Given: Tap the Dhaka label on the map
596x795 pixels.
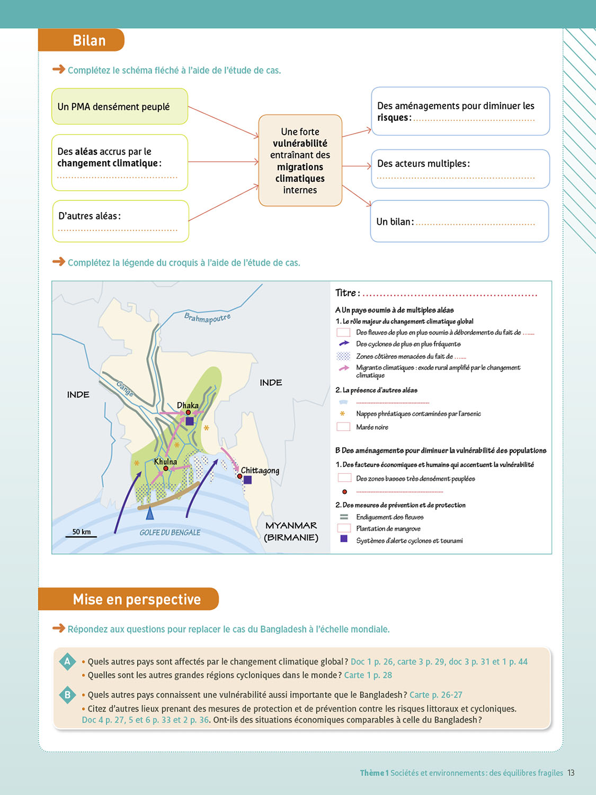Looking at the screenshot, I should [x=188, y=405].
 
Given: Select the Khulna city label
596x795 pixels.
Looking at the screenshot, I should [x=165, y=462].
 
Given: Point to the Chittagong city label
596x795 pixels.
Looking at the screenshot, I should [x=260, y=471].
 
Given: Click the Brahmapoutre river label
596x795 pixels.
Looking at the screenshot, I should [x=207, y=318].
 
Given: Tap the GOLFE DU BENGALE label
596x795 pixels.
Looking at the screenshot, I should [x=170, y=533].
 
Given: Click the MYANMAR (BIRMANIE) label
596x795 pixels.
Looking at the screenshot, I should [x=291, y=532].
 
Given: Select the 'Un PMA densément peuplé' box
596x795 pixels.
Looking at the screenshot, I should [x=120, y=107].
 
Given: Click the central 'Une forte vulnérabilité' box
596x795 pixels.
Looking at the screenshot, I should [x=300, y=161].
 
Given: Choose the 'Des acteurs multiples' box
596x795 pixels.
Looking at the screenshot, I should [x=460, y=169].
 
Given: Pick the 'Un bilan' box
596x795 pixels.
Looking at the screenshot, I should [x=459, y=221].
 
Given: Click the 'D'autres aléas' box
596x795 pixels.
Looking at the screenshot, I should [x=121, y=221].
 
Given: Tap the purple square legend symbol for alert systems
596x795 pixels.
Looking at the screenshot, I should [x=344, y=538].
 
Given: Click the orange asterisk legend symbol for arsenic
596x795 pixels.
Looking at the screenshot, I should [x=342, y=413].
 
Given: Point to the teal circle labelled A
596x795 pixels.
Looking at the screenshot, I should [x=67, y=661].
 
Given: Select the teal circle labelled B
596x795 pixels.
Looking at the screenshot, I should [x=67, y=695].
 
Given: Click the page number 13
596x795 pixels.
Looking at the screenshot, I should [x=571, y=773].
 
